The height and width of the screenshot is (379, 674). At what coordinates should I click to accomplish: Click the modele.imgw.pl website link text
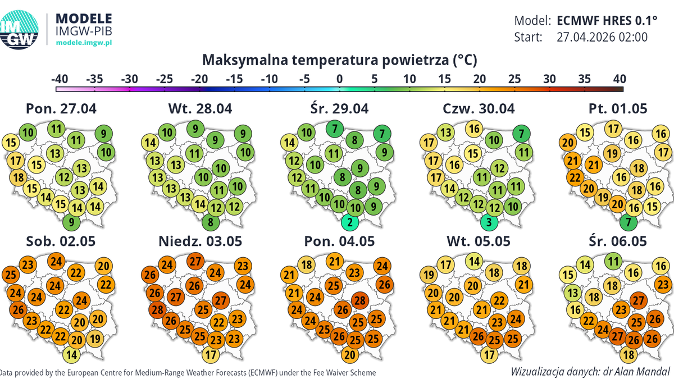click(x=85, y=43)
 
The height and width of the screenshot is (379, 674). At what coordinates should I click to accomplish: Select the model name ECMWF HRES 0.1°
click(x=607, y=21)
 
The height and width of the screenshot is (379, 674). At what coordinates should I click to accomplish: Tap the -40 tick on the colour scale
click(x=59, y=79)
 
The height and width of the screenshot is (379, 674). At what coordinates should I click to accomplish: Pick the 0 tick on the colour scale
click(x=339, y=79)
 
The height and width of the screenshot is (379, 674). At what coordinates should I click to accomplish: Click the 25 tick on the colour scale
click(x=514, y=79)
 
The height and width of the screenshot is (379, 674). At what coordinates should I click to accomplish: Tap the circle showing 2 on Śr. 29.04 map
click(x=350, y=222)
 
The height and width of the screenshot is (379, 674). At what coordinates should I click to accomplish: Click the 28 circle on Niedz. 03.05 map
click(x=157, y=309)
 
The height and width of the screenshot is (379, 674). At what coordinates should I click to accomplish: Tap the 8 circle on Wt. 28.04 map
click(x=210, y=222)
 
